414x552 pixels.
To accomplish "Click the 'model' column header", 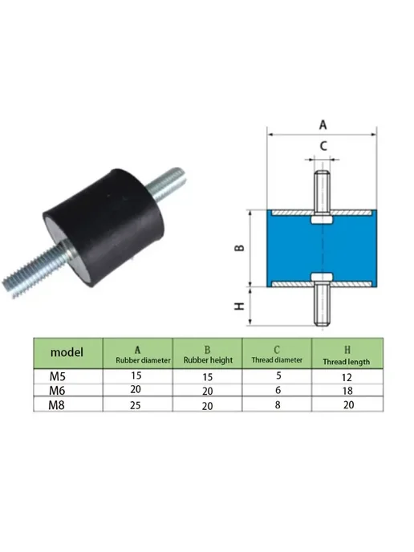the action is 67,352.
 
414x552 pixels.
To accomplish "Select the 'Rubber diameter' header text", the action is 143,360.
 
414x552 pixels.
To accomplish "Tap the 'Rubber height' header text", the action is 208,360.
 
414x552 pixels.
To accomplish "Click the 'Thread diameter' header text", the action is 277,359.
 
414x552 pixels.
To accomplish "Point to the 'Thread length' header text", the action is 347,362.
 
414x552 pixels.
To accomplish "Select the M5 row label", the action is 58,376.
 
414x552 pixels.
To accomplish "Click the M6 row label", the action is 57,391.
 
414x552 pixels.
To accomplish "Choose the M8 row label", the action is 57,405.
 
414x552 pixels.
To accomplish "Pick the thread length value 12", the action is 347,377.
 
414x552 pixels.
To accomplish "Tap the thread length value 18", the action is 347,391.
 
